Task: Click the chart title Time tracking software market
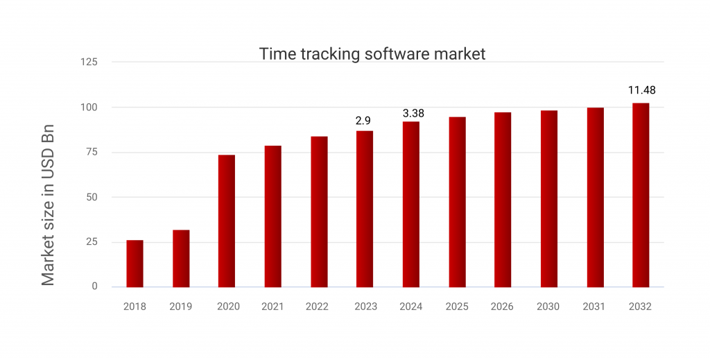[372, 54]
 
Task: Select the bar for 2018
[135, 264]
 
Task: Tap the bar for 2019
[181, 259]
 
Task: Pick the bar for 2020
[227, 221]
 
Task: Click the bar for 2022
[319, 212]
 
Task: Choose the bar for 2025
[457, 202]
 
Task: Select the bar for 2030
[549, 198]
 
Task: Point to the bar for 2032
[641, 195]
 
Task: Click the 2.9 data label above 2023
[363, 121]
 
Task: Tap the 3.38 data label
[413, 113]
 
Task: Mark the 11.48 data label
[641, 90]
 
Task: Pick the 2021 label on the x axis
[272, 307]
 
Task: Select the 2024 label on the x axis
[410, 307]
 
